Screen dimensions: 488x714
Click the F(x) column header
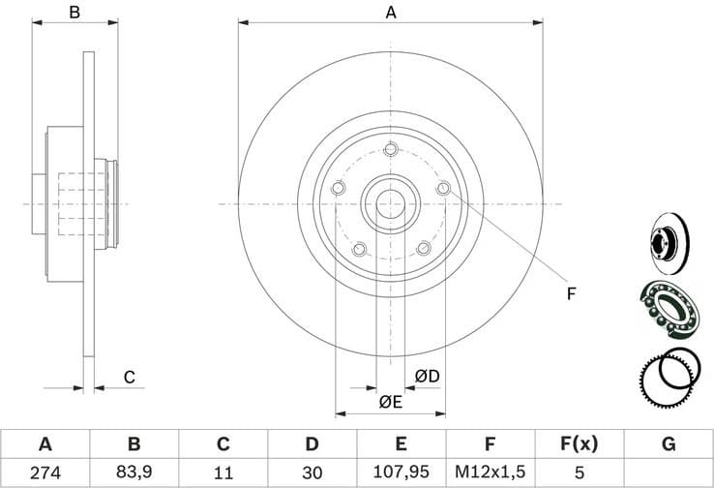tap(579, 444)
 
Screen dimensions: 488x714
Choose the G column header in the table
tap(668, 444)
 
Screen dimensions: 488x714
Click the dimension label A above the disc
tap(392, 13)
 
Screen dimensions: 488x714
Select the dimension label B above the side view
tap(74, 13)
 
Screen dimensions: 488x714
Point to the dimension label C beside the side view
tap(128, 378)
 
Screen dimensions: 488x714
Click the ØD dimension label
tap(427, 376)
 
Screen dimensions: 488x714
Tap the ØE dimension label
tap(391, 401)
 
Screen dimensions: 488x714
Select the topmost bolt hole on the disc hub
tap(391, 149)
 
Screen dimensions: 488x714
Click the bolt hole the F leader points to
tap(443, 188)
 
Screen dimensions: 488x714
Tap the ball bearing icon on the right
tap(668, 308)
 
